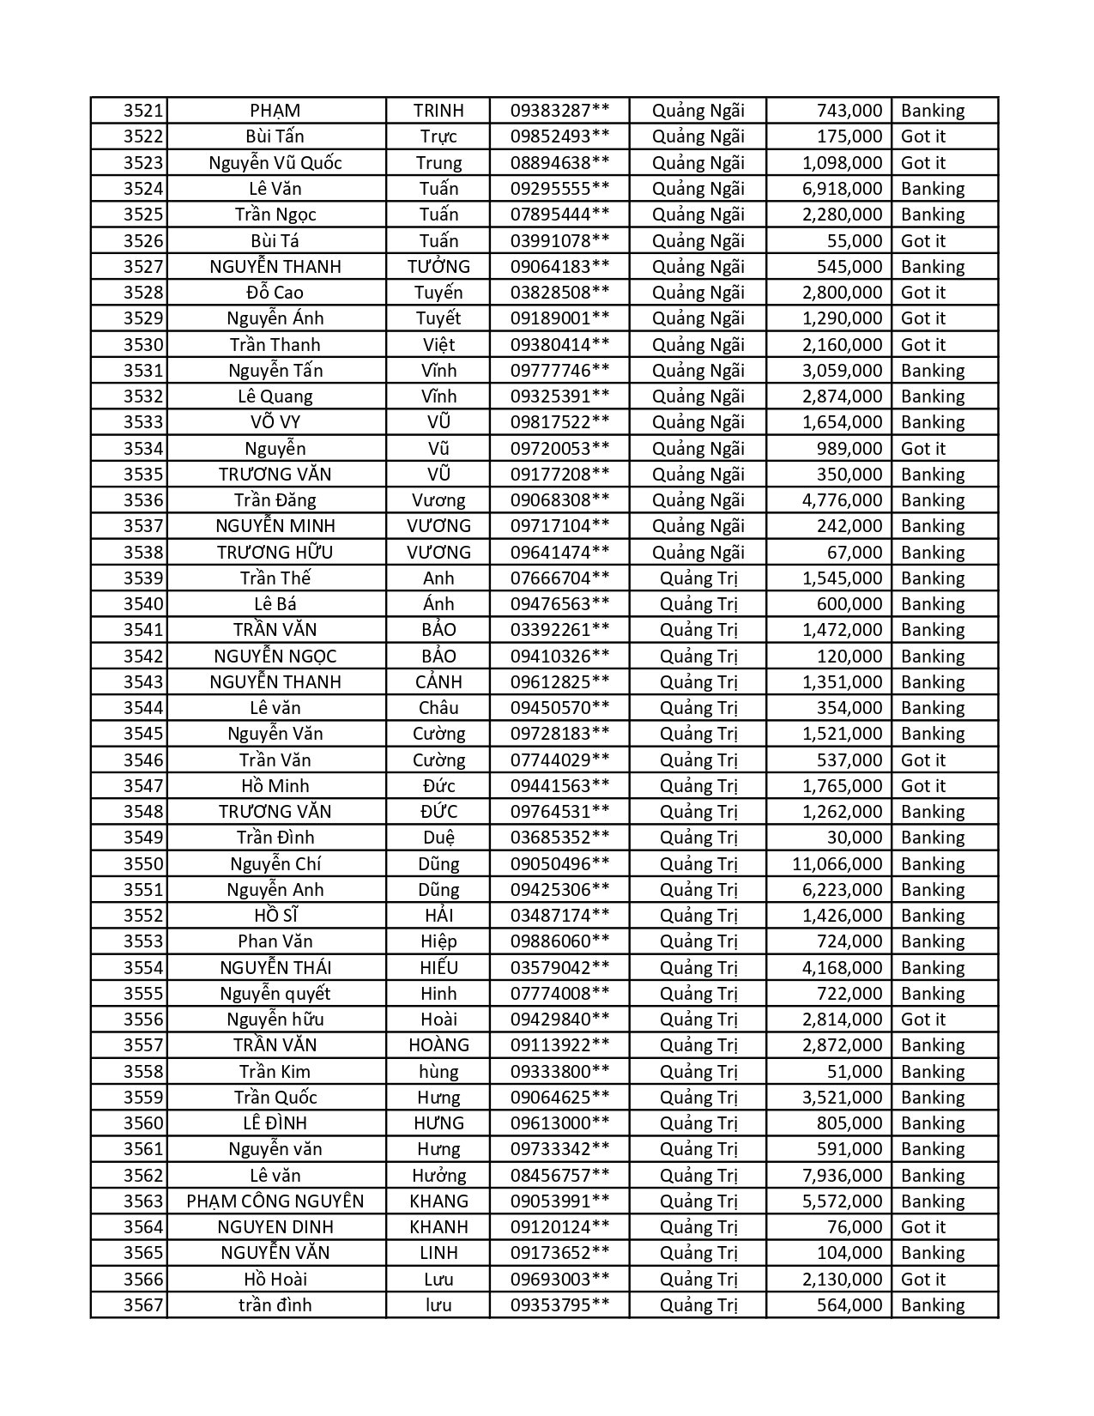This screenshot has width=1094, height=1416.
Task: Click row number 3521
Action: click(x=142, y=111)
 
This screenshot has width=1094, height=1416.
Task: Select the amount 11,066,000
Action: click(x=837, y=864)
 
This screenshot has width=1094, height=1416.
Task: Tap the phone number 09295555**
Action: click(x=559, y=189)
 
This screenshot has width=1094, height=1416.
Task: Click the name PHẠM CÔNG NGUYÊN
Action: click(x=275, y=1201)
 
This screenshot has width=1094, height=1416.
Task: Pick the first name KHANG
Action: click(x=438, y=1201)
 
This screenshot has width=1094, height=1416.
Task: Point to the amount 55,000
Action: click(x=855, y=241)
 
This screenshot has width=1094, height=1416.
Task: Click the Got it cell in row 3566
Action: click(x=923, y=1280)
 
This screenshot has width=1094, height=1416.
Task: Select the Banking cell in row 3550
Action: click(x=933, y=864)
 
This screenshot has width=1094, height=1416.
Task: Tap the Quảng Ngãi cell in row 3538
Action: click(x=698, y=553)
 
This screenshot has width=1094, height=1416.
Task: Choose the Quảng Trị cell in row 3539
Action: click(x=698, y=578)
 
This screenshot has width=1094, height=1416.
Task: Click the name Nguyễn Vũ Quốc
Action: click(x=275, y=163)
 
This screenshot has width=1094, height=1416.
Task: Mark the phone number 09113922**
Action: click(x=559, y=1045)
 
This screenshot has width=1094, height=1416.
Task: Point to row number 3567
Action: click(x=142, y=1305)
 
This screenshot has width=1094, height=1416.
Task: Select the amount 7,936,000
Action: click(x=842, y=1176)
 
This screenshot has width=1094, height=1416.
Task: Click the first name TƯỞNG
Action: click(x=438, y=267)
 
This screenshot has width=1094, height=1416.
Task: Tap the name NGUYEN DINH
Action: click(x=275, y=1227)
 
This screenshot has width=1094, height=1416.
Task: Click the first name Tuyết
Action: click(x=438, y=318)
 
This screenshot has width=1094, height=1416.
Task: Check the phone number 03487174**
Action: click(x=559, y=916)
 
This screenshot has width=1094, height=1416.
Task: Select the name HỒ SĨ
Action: click(x=275, y=916)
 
